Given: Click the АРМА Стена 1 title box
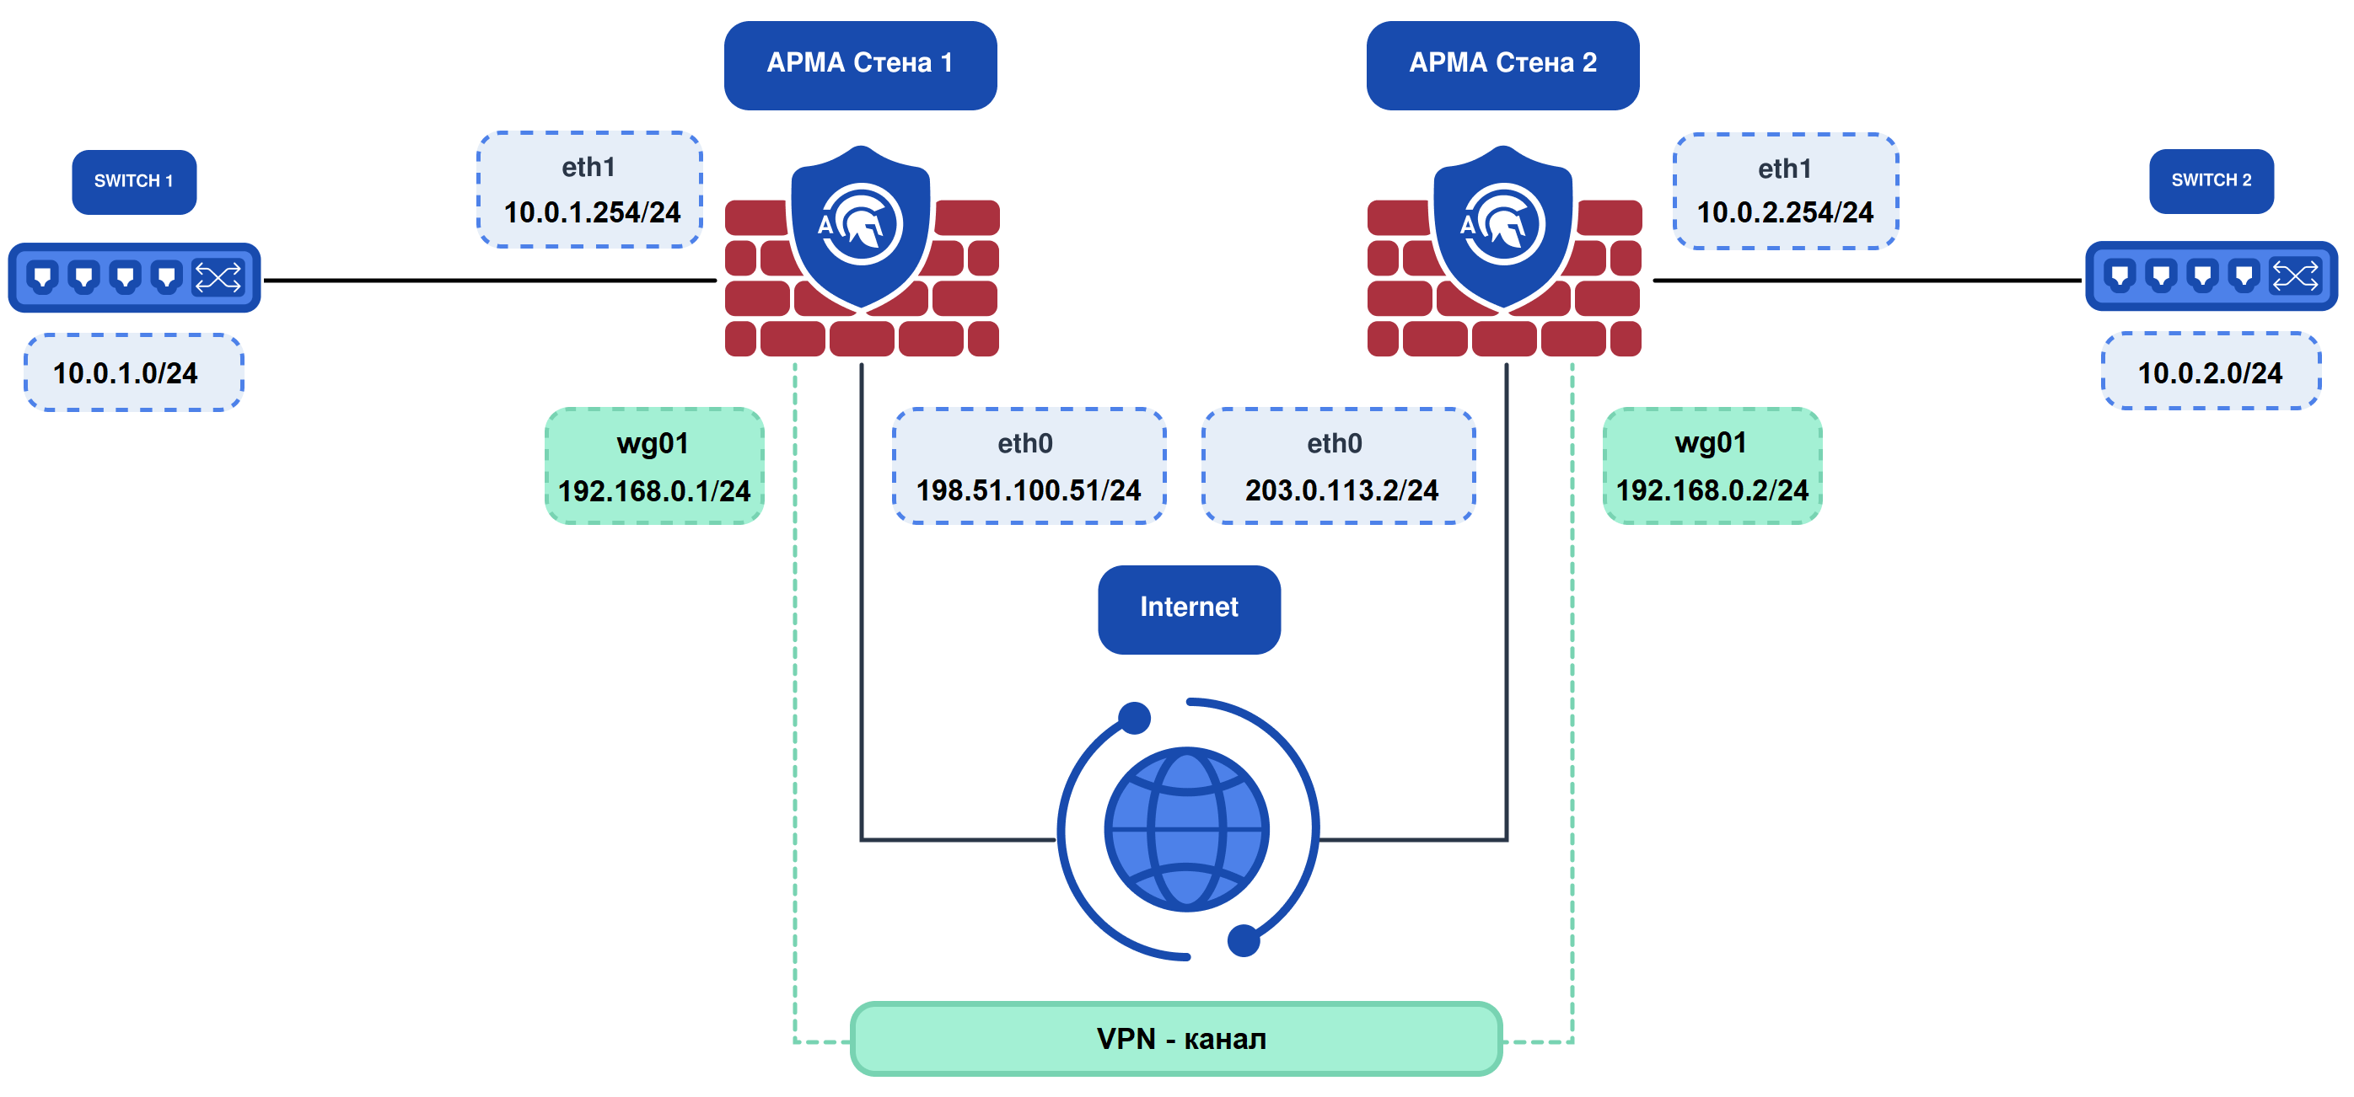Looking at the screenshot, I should pyautogui.click(x=860, y=64).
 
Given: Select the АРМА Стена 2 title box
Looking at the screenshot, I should pyautogui.click(x=1502, y=64).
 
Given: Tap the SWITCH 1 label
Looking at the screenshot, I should pyautogui.click(x=133, y=181).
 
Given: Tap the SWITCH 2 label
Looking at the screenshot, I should pyautogui.click(x=2211, y=180).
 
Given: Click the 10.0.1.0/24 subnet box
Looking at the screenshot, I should pyautogui.click(x=133, y=372).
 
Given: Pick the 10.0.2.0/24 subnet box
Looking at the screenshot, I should pyautogui.click(x=2211, y=372).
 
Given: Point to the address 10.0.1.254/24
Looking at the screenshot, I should pyautogui.click(x=592, y=213).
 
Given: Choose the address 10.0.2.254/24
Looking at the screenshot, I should pyautogui.click(x=1785, y=213).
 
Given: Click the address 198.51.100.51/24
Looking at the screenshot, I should pyautogui.click(x=1028, y=490).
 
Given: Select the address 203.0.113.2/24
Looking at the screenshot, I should pyautogui.click(x=1341, y=490).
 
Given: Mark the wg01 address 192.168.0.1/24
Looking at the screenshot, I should pyautogui.click(x=654, y=491).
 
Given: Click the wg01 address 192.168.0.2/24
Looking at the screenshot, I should pyautogui.click(x=1712, y=490).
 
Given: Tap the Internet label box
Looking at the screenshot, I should pyautogui.click(x=1188, y=608).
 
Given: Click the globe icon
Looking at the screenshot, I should pyautogui.click(x=1186, y=829).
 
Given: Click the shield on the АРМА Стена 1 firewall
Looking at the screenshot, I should pyautogui.click(x=860, y=226).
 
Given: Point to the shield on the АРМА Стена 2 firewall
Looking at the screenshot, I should pyautogui.click(x=1502, y=226).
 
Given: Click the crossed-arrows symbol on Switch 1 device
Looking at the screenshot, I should pyautogui.click(x=218, y=276).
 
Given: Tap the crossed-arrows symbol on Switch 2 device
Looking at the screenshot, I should pyautogui.click(x=2295, y=275).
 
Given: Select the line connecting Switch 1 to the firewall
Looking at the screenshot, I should pyautogui.click(x=489, y=281).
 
